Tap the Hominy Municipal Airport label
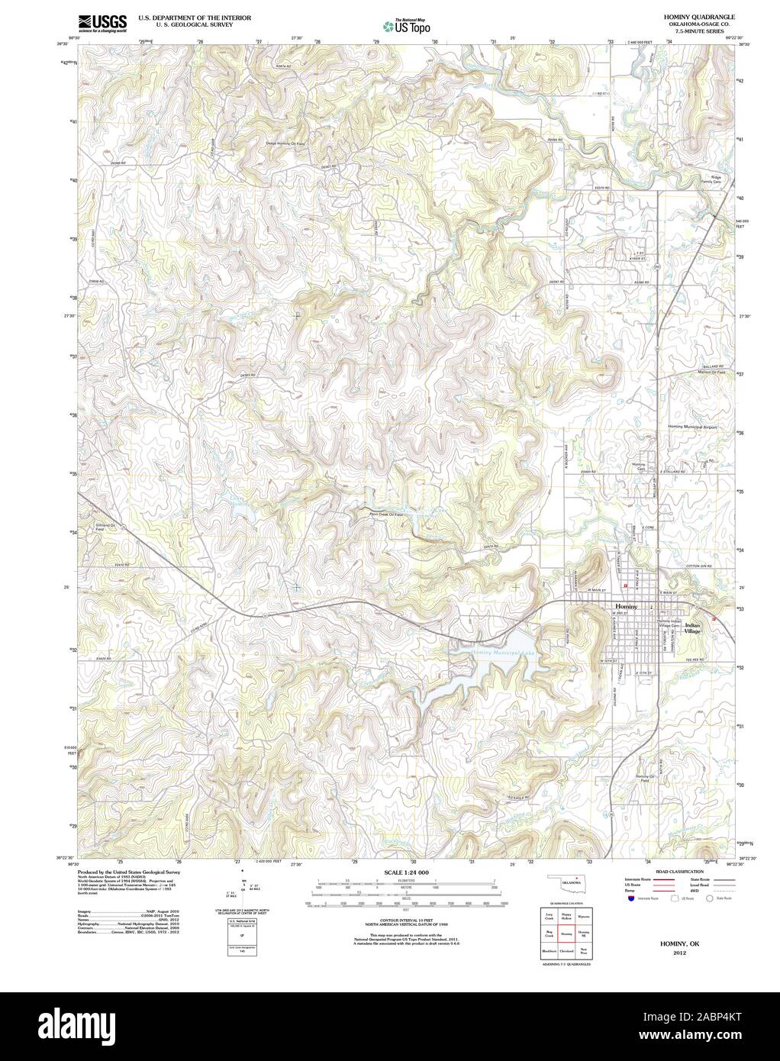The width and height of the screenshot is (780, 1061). click(692, 427)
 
